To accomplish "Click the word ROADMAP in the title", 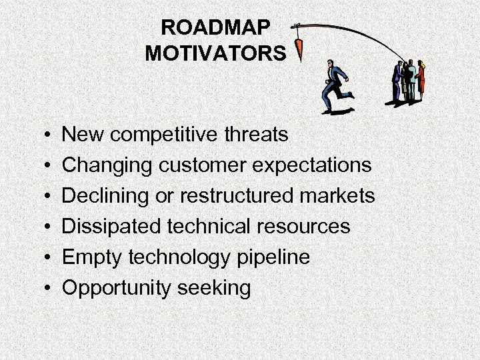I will [x=216, y=28].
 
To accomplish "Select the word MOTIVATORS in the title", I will [x=216, y=53].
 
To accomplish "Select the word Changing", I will [x=103, y=166].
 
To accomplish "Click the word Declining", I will [x=104, y=196].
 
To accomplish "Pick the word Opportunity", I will [x=116, y=288].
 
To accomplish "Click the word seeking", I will [x=214, y=288].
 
